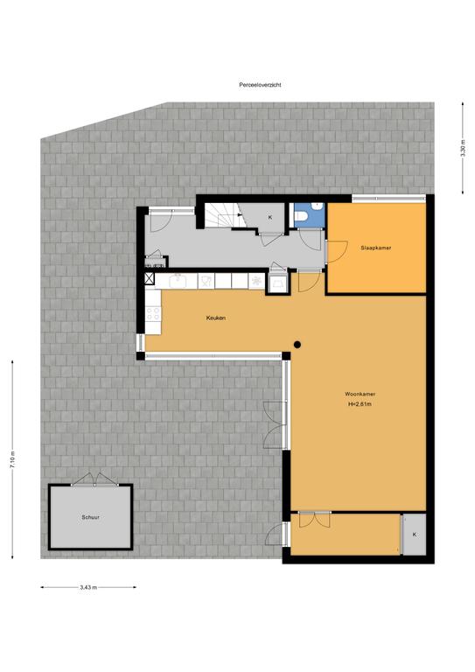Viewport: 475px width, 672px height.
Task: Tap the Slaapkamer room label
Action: click(375, 248)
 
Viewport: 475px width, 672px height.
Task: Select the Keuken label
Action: click(215, 318)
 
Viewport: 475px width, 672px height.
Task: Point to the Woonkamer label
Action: click(360, 395)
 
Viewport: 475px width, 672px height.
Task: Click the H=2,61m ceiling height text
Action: click(360, 404)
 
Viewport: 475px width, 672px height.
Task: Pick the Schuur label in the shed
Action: click(90, 517)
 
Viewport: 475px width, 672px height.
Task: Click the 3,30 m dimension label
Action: click(463, 149)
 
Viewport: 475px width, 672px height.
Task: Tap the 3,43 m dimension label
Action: click(87, 587)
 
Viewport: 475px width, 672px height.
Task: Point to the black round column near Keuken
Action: click(298, 344)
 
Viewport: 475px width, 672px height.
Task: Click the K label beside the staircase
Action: click(269, 216)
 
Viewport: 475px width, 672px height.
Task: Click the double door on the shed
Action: click(91, 479)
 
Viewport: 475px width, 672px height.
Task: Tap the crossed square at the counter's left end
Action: click(150, 280)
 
